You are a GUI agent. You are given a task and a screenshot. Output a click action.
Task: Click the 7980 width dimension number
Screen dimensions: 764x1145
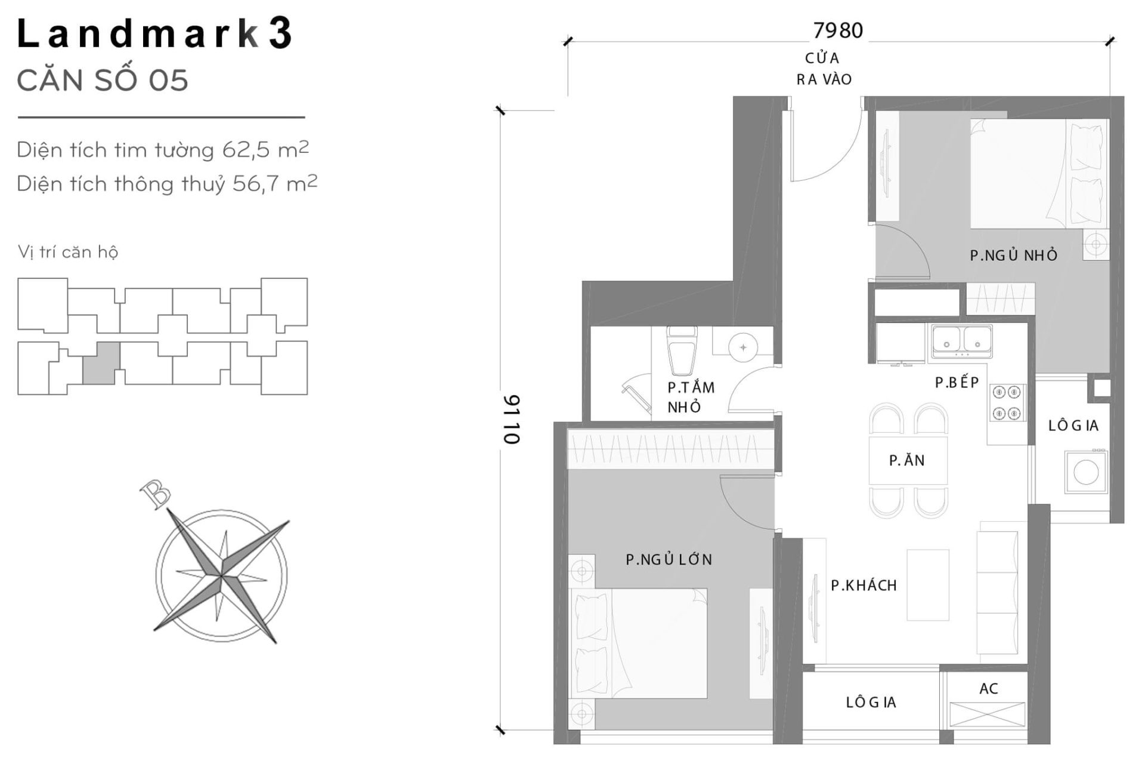[838, 30]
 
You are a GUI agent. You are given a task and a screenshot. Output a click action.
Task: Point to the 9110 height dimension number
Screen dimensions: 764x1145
[512, 419]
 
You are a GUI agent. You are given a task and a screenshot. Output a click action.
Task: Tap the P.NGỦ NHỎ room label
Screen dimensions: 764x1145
[1013, 255]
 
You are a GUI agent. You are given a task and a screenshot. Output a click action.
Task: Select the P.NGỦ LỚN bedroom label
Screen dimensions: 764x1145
[669, 559]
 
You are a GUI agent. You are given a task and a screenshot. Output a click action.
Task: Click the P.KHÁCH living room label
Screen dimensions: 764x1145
[864, 586]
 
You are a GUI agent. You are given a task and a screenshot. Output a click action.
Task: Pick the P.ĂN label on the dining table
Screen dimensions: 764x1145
[906, 460]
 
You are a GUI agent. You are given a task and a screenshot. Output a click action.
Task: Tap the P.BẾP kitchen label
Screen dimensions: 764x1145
[957, 383]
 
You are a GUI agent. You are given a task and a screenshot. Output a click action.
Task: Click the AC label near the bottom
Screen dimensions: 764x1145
[988, 688]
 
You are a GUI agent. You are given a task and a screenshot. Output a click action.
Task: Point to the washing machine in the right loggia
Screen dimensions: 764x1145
[1085, 472]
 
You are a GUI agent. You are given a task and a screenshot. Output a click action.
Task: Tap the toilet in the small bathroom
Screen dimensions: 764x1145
[680, 352]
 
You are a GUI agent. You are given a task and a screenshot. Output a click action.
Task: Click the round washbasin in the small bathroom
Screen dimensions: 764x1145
[742, 347]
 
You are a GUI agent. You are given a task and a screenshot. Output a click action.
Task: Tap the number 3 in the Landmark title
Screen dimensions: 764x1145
[280, 34]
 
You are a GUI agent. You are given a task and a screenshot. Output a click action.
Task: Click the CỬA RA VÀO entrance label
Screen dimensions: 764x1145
[824, 69]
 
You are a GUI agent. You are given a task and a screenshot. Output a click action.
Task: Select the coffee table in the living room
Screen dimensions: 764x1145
[927, 585]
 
